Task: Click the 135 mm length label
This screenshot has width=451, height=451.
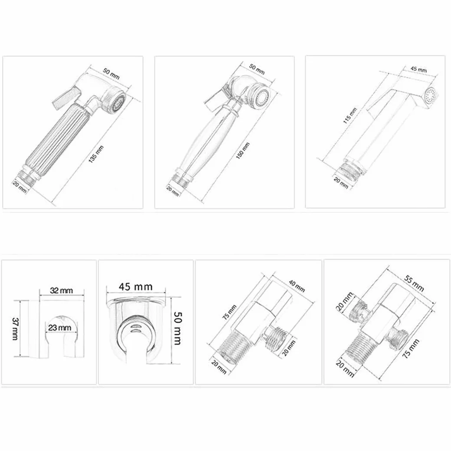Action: tap(96, 155)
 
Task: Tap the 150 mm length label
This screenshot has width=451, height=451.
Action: tap(243, 151)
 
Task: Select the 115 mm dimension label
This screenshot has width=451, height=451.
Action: tap(350, 115)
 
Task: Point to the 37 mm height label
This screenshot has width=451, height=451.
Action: tap(15, 329)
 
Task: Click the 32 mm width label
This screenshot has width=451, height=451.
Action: tap(62, 290)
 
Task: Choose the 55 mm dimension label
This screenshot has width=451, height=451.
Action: tap(414, 283)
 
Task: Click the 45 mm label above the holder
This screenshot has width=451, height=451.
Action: tap(136, 286)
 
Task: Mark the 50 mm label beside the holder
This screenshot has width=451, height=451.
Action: tap(177, 328)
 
